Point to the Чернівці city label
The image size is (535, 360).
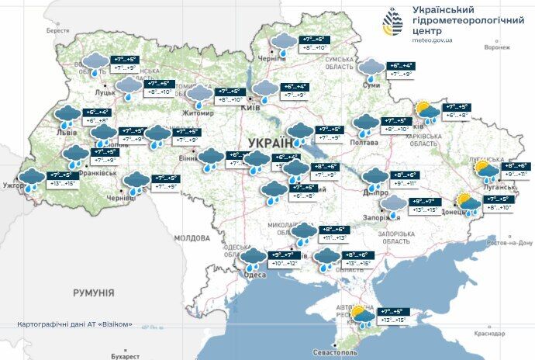(x=120, y=199)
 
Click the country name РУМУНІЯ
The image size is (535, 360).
(x=93, y=292)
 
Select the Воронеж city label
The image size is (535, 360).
(x=496, y=47)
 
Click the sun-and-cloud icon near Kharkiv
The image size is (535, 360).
(x=426, y=110)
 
